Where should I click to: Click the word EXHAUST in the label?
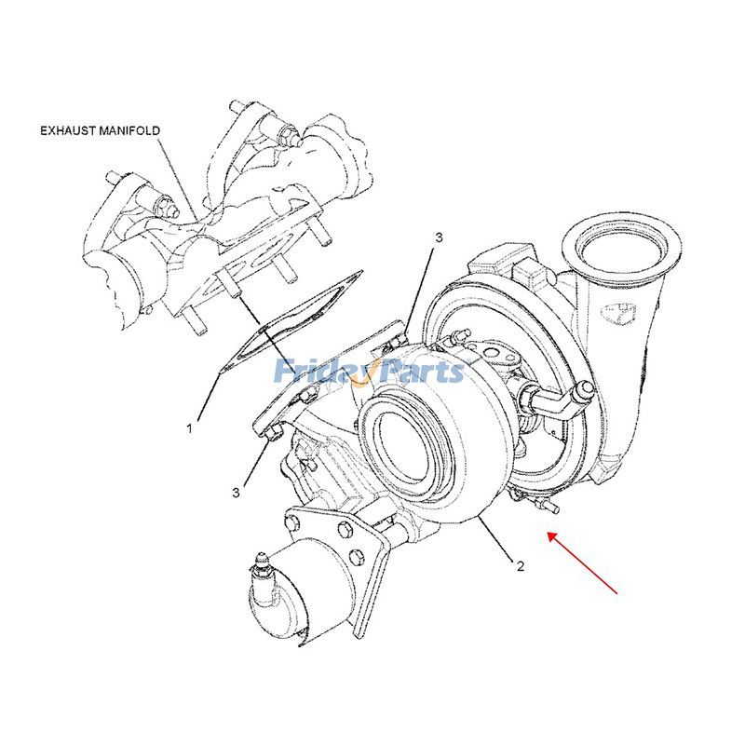(x=69, y=131)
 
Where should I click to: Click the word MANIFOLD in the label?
(x=131, y=131)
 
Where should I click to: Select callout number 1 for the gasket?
(x=189, y=428)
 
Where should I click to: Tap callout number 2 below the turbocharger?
(x=520, y=565)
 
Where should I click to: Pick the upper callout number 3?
(x=438, y=238)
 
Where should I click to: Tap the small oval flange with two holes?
(x=493, y=354)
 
